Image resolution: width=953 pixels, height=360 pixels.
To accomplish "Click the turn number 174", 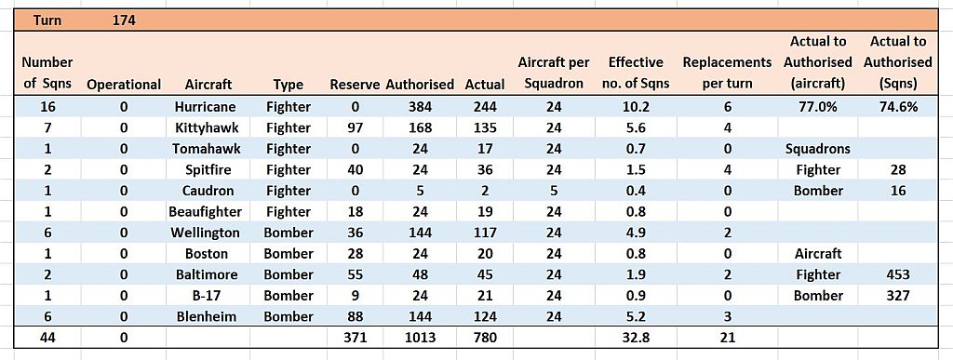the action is (124, 20).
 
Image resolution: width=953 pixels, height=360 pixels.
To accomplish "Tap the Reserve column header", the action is (355, 85).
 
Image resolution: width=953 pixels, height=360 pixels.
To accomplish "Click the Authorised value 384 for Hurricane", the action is (420, 108).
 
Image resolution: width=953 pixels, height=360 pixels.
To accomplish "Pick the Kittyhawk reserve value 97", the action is (355, 128).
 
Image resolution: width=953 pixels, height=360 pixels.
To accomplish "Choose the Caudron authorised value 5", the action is (420, 191).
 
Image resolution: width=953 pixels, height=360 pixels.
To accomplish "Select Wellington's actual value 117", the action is (485, 233).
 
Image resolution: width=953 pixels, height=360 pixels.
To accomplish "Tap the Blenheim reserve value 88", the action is (355, 316).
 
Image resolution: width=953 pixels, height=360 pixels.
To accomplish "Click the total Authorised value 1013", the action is (420, 338).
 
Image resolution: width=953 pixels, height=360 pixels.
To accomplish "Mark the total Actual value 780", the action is (485, 338).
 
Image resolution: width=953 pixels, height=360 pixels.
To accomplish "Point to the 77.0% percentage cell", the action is (819, 108).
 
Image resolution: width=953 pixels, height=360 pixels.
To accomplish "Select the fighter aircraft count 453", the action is (898, 274).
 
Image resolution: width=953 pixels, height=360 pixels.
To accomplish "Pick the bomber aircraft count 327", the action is (898, 296).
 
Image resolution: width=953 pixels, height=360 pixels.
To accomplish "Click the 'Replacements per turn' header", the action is (728, 73).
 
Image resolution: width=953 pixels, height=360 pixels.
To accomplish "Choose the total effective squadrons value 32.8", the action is (637, 338).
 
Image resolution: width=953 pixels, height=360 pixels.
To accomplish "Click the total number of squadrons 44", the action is (47, 338).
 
